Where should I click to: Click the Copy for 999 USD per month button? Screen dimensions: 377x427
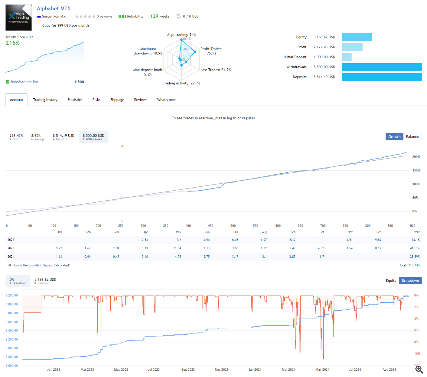point(65,26)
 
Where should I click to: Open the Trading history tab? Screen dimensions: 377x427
point(45,100)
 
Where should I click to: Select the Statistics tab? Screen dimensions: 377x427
point(75,100)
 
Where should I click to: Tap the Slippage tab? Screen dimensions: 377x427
point(117,100)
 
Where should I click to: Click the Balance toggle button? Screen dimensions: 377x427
point(412,137)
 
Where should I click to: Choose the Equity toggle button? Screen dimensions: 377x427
point(391,281)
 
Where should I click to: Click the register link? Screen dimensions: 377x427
point(249,118)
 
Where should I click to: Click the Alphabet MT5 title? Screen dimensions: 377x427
point(54,9)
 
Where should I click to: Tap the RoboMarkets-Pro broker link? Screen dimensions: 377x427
point(24,82)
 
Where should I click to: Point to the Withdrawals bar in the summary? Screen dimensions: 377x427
point(381,67)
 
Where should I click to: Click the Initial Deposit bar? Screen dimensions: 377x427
point(347,57)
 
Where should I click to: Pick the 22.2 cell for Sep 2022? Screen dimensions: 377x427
point(292,240)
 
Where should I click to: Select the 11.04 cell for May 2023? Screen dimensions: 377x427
point(177,248)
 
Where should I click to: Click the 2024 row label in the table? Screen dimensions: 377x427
point(11,257)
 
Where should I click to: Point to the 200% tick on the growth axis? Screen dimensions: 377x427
point(416,157)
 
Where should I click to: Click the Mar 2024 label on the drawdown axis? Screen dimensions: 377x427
point(288,370)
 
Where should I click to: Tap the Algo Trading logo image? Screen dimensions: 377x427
point(19,17)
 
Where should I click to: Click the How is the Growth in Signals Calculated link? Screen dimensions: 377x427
point(41,265)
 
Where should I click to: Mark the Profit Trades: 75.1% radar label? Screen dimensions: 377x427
point(211,51)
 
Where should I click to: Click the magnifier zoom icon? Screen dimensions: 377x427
point(419,370)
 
